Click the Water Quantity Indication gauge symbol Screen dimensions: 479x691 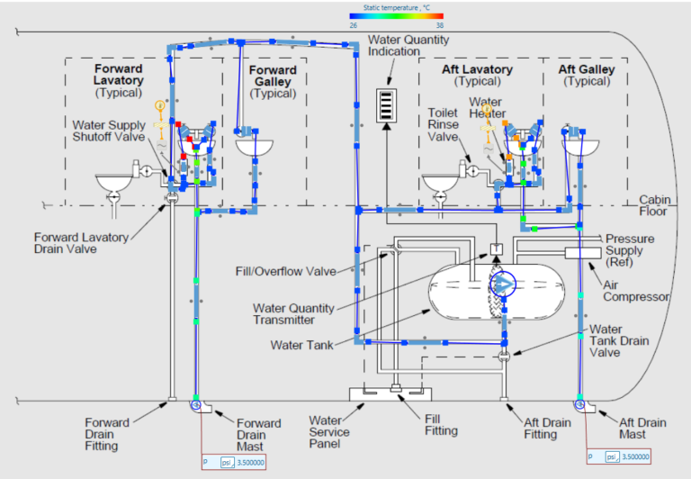[386, 105]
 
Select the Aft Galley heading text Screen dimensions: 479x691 [586, 69]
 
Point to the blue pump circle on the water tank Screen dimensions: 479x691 [503, 285]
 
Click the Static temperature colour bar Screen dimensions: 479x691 [395, 16]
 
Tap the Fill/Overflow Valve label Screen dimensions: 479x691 [293, 271]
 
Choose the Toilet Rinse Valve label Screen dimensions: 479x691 [444, 125]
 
